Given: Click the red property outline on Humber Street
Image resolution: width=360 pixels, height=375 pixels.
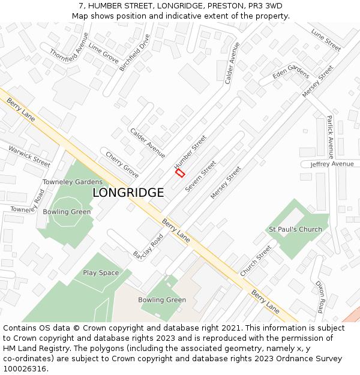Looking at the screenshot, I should [179, 173].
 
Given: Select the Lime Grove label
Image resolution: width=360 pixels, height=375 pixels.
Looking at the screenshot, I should [103, 53].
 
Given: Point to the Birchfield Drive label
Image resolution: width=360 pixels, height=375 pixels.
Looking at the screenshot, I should [134, 52].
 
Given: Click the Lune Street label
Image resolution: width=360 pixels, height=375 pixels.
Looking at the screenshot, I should [326, 40].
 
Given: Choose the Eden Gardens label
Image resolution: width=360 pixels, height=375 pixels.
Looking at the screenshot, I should [291, 72].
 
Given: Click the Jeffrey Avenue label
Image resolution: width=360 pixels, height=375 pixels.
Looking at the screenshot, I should [332, 164].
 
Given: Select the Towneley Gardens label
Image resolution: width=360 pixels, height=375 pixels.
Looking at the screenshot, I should [72, 182].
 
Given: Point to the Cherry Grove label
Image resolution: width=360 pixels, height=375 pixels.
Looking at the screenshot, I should [122, 165].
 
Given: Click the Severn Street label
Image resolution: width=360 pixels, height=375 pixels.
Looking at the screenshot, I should [200, 176].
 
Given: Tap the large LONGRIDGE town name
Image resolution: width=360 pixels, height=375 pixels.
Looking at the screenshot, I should [128, 193].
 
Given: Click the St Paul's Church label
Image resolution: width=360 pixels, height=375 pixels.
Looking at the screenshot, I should [295, 229].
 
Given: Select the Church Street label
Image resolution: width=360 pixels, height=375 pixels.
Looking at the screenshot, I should [256, 260].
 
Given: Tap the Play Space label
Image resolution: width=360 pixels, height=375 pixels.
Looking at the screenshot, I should [101, 273].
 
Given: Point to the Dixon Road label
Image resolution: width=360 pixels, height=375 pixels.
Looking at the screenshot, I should [320, 297].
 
